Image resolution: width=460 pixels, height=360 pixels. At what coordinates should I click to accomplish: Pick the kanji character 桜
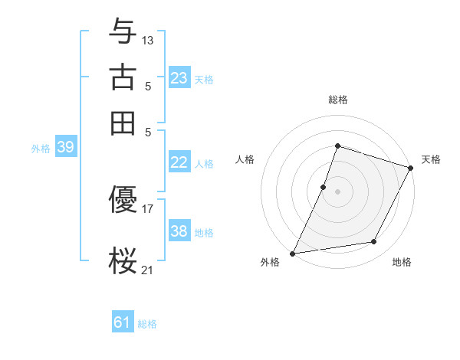pos(123,260)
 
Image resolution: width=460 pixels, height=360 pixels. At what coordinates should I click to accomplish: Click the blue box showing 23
pos(179,78)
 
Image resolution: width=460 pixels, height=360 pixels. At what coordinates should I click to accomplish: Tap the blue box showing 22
pos(179,162)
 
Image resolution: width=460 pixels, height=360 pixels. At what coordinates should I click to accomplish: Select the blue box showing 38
pos(179,231)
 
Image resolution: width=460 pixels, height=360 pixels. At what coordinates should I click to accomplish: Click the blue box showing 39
pos(65,147)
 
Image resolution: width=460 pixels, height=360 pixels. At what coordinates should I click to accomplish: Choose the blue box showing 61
pos(123,322)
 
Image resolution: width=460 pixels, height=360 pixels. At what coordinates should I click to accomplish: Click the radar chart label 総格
pos(337,100)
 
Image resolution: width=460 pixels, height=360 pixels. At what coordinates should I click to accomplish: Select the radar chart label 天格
pos(431,159)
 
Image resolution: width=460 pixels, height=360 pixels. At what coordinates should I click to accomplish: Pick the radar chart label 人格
pos(245,159)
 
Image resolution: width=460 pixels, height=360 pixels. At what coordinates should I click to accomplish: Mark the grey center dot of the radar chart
pos(337,191)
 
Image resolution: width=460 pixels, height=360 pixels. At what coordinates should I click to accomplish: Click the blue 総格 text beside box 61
pos(147,324)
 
